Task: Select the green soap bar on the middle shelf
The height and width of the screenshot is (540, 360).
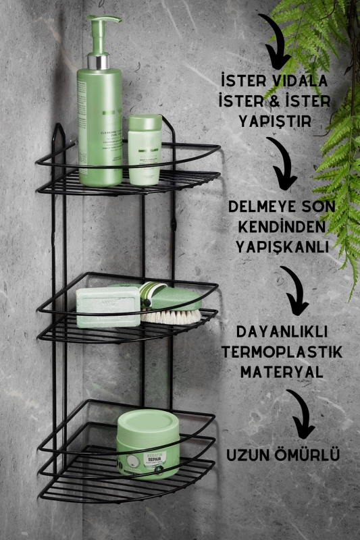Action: [108, 307]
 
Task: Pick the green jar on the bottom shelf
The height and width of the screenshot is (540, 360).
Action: [148, 446]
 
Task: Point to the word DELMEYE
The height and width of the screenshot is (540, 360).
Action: [264, 205]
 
